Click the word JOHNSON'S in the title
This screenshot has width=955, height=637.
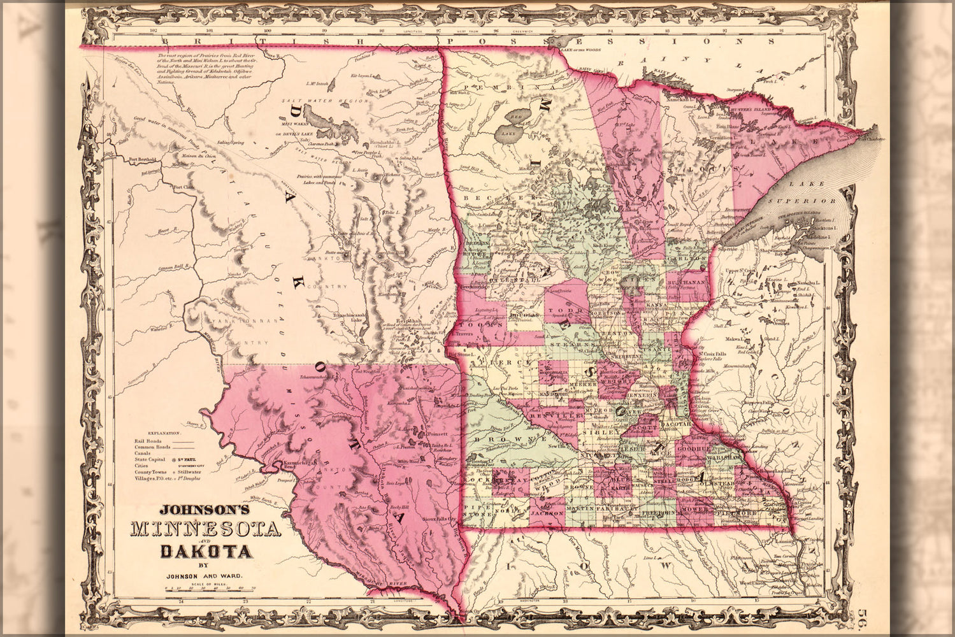point(198,510)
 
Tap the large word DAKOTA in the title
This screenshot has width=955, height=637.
point(206,550)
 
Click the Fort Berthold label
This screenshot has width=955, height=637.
point(141,159)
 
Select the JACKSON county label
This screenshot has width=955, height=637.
point(546,512)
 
